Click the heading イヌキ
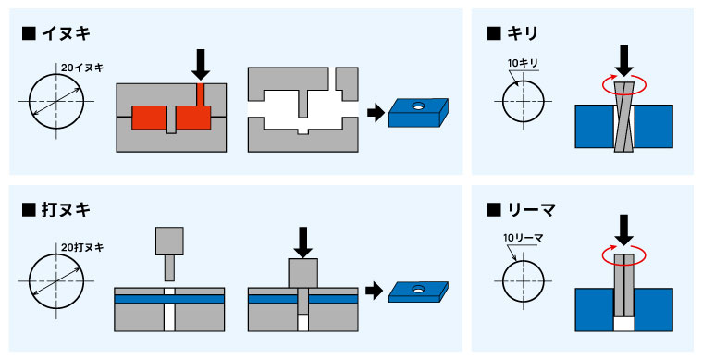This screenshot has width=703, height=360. (66, 33)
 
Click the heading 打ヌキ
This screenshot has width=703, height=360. (66, 209)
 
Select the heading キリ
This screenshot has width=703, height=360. (522, 33)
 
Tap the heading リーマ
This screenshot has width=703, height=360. (531, 209)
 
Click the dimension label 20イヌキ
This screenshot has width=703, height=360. (82, 68)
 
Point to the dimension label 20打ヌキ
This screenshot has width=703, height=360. (82, 247)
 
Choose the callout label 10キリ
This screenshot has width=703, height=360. (523, 63)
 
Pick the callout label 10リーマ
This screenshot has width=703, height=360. (524, 238)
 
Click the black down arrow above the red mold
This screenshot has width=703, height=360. (201, 65)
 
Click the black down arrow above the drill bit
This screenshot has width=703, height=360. (624, 60)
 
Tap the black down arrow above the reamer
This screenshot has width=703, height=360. (624, 230)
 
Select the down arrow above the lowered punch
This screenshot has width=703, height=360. (303, 242)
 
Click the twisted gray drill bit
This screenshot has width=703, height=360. (624, 118)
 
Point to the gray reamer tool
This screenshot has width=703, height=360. (624, 285)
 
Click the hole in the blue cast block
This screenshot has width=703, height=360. (418, 106)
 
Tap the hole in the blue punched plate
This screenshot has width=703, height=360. (418, 288)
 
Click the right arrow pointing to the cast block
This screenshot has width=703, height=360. (376, 113)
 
